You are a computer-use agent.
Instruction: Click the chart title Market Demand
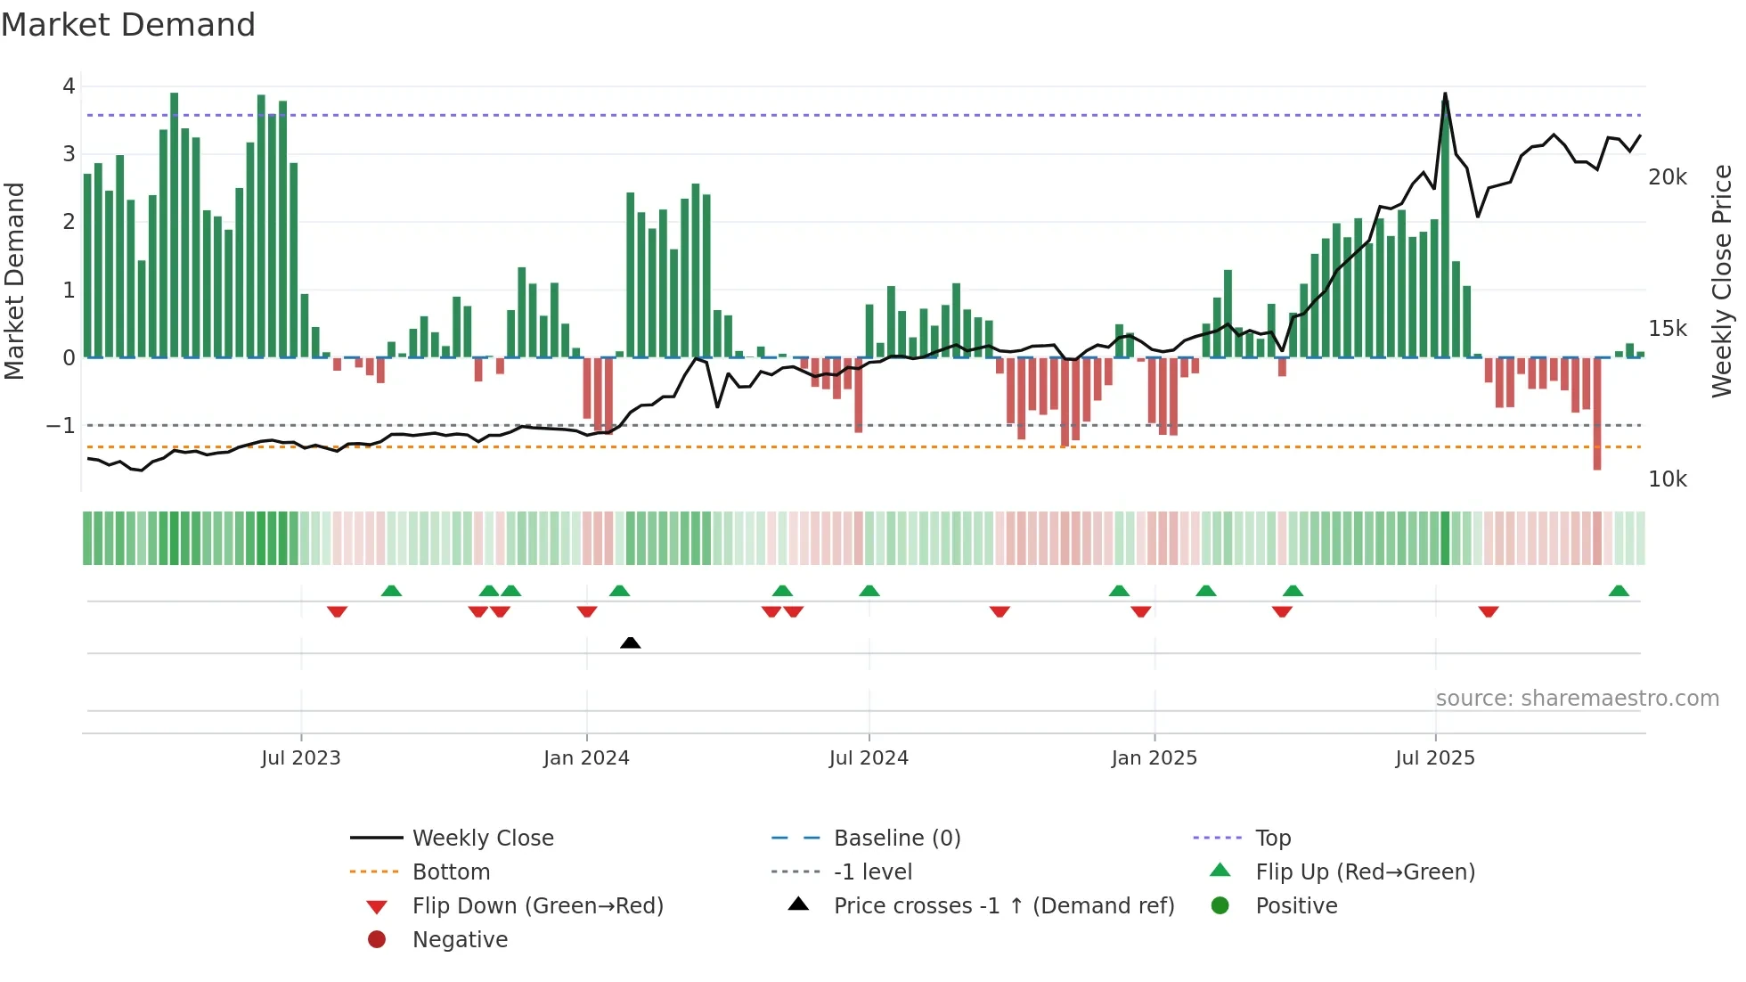pyautogui.click(x=128, y=25)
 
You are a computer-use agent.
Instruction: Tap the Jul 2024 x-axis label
pyautogui.click(x=869, y=758)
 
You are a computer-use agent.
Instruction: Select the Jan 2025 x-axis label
pyautogui.click(x=1154, y=758)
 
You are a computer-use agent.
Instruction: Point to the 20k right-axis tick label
pyautogui.click(x=1667, y=177)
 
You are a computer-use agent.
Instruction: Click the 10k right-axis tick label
pyautogui.click(x=1667, y=479)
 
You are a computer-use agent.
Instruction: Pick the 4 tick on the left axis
pyautogui.click(x=69, y=86)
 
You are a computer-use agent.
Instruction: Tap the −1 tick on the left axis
pyautogui.click(x=61, y=426)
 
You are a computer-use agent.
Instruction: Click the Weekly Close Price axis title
pyautogui.click(x=1722, y=281)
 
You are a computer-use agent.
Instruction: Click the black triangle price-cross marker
pyautogui.click(x=630, y=642)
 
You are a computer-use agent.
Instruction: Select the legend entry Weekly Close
pyautogui.click(x=482, y=839)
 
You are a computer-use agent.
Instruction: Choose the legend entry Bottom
pyautogui.click(x=451, y=872)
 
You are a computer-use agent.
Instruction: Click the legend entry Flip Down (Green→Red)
pyautogui.click(x=537, y=906)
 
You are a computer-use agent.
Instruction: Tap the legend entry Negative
pyautogui.click(x=460, y=940)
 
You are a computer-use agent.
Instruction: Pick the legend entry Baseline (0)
pyautogui.click(x=896, y=839)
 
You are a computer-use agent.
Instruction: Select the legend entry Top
pyautogui.click(x=1272, y=839)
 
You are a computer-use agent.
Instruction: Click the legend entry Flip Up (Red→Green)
pyautogui.click(x=1365, y=872)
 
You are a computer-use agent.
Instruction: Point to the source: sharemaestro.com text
pyautogui.click(x=1577, y=699)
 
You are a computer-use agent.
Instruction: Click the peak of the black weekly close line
pyautogui.click(x=1445, y=94)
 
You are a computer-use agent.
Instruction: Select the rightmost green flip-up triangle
pyautogui.click(x=1619, y=591)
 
